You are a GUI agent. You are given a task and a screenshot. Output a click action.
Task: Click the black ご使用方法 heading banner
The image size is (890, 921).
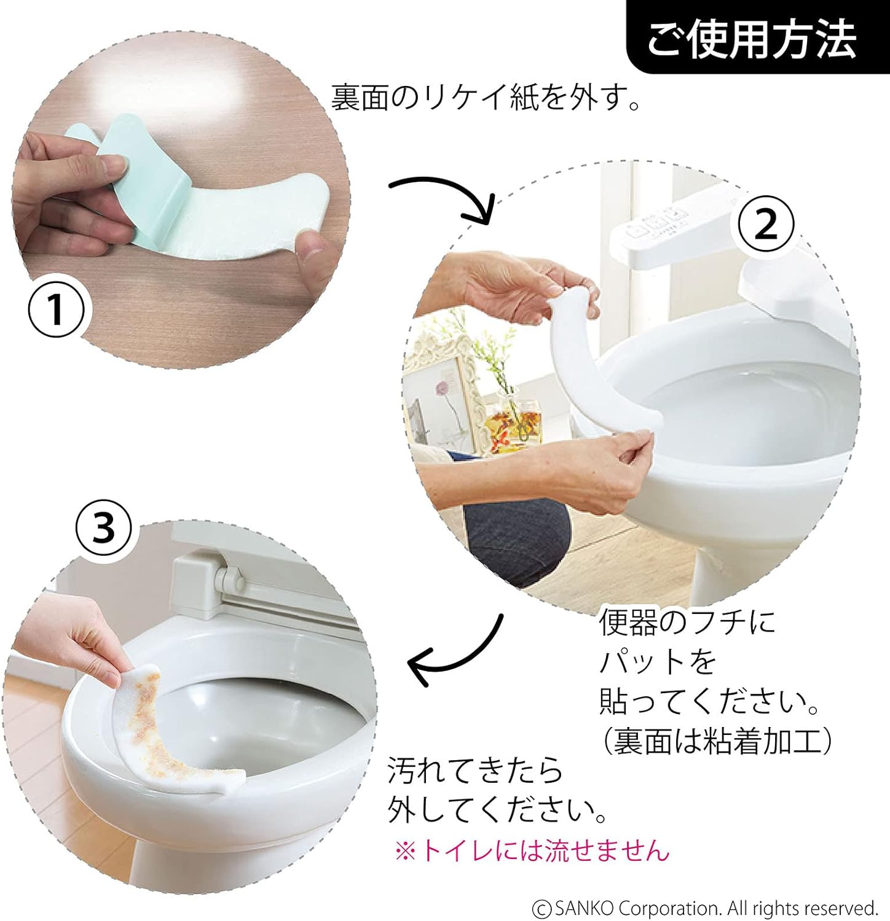pos(758,37)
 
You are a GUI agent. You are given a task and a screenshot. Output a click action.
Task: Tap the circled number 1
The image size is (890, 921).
pos(56,309)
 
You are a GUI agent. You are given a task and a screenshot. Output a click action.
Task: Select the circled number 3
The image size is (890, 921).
pos(103,527)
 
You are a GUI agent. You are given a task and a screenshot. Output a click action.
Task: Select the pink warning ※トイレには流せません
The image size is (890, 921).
pos(532,851)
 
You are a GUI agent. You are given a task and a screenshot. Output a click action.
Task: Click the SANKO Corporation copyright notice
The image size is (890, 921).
pos(705,907)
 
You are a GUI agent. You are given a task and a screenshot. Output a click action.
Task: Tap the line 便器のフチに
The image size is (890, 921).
pos(688,622)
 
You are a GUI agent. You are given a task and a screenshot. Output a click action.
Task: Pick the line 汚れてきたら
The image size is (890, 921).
pos(475,770)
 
